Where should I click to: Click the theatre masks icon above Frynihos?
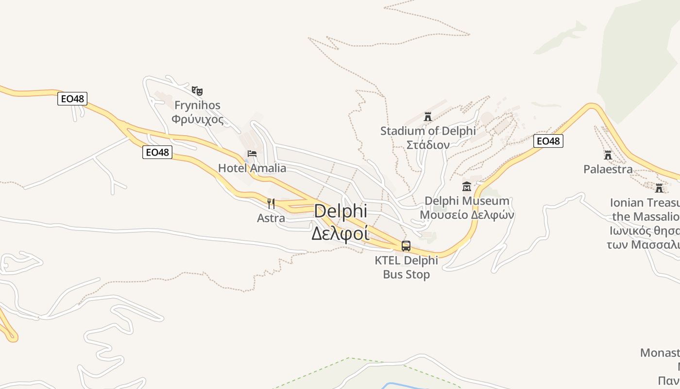pos(197,90)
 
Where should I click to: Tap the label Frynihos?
pos(197,105)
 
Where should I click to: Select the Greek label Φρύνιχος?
pos(197,119)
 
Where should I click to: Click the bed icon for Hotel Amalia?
pos(252,154)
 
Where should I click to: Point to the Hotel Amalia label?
pos(252,168)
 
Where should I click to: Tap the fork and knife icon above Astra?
pos(271,203)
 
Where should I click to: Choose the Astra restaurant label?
pos(271,218)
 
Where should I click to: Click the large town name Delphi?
pos(340,211)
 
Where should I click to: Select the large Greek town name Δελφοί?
pos(340,233)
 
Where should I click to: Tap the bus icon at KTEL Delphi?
pos(406,246)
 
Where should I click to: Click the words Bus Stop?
pos(406,274)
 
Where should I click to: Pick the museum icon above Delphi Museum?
pos(467,186)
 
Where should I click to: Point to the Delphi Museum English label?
pos(467,201)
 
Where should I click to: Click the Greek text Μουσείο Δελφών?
pos(467,214)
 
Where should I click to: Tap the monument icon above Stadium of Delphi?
pos(428,117)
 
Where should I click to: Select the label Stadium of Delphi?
pos(428,131)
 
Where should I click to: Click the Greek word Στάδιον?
pos(428,144)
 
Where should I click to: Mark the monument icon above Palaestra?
pos(608,155)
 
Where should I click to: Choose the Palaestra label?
pos(608,169)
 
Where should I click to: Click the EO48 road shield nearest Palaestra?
pos(548,141)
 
